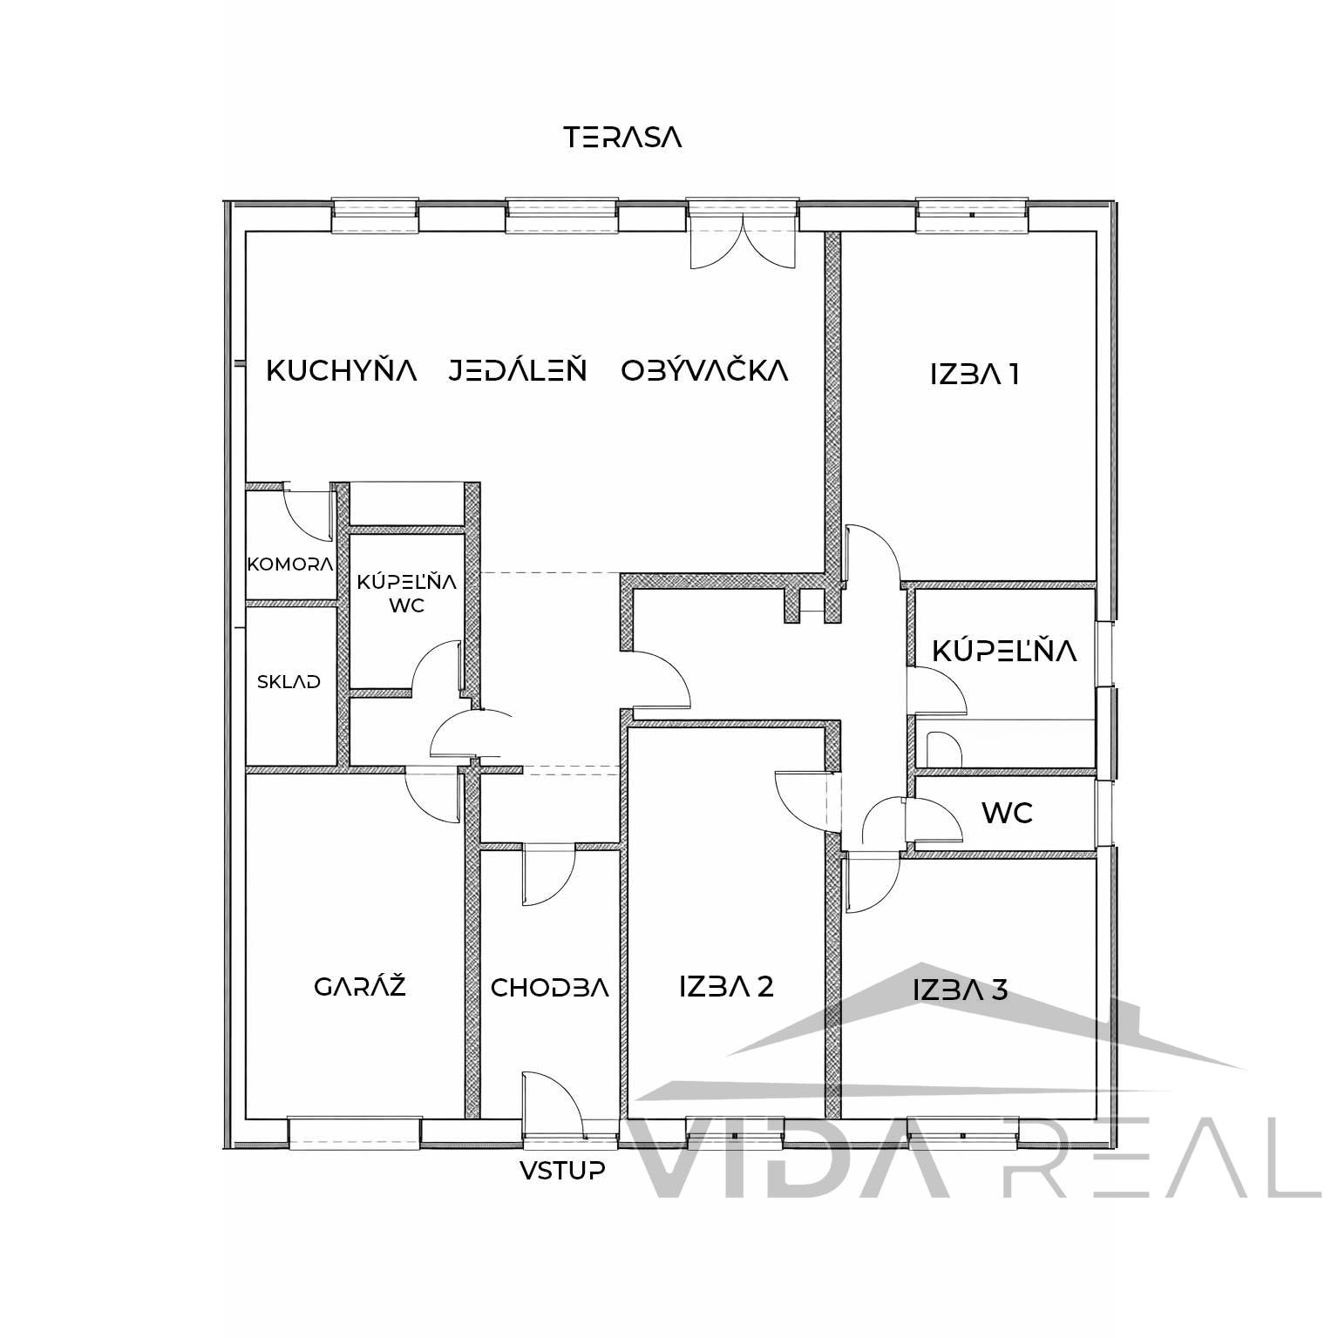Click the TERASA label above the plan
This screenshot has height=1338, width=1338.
(622, 138)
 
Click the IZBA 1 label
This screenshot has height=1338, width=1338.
(975, 375)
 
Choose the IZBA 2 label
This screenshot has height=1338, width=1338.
(726, 987)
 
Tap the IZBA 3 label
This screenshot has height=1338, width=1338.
(961, 990)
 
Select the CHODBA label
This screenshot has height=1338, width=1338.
(549, 988)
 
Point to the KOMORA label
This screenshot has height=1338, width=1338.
(290, 564)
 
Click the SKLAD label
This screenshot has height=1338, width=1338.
(289, 682)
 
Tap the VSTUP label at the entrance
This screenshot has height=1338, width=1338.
(562, 1170)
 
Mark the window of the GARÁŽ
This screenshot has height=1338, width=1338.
(355, 1131)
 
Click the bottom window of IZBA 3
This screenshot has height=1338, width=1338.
(963, 1131)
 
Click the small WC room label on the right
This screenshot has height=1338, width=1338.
(1007, 813)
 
